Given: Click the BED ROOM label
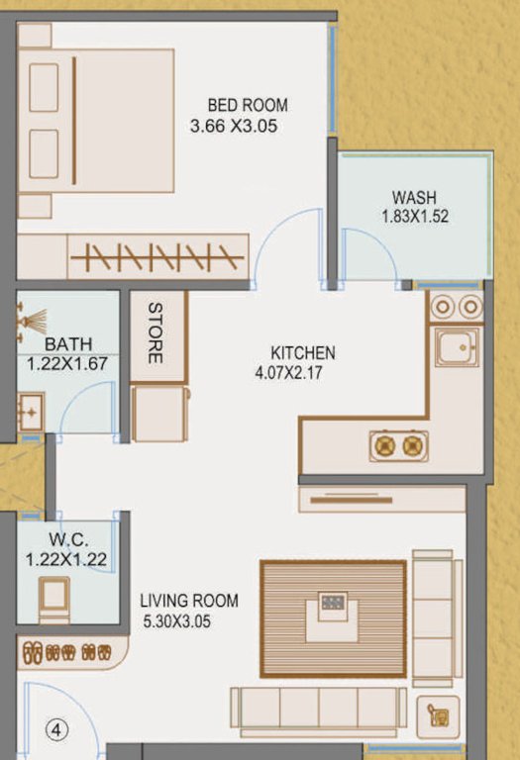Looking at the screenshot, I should point(248,105).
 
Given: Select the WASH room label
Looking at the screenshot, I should point(414,197).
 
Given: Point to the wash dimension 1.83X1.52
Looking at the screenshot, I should point(415,216).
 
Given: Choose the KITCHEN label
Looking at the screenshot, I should point(303,353).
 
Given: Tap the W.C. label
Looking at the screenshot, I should point(67,541).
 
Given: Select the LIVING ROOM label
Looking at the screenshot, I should point(189,601).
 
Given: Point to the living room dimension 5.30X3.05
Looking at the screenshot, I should point(177,621).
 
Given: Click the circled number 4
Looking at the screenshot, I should point(57,731).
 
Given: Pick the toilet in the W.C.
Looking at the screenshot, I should point(53,597).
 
